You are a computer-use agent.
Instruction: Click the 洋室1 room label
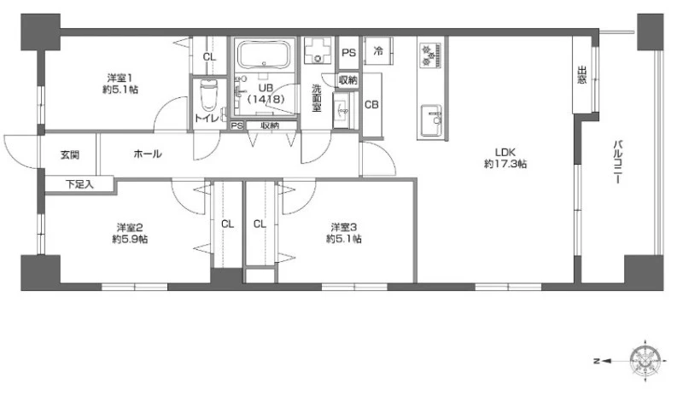coord(120,78)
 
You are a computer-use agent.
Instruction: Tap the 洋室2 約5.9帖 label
coord(130,234)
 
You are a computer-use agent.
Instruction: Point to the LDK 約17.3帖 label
coord(505,158)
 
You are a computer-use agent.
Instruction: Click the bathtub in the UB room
coord(264,55)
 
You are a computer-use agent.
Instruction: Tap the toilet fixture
coord(207,96)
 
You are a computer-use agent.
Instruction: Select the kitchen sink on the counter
coord(431,120)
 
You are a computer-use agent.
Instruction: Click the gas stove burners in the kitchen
coord(431,55)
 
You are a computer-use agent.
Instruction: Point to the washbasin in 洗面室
coord(341,111)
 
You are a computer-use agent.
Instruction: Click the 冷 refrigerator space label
coord(378,51)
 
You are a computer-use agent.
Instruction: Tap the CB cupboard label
coord(371,105)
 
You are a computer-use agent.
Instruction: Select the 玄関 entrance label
coord(70,154)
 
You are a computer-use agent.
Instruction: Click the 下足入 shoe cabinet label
coord(79,184)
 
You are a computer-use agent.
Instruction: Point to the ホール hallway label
coord(148,154)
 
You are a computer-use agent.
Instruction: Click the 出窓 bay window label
coord(581,74)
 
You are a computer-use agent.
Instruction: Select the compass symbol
coord(645,361)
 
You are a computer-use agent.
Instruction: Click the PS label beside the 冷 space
coord(348,53)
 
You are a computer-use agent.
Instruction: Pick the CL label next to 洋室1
coord(209,56)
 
